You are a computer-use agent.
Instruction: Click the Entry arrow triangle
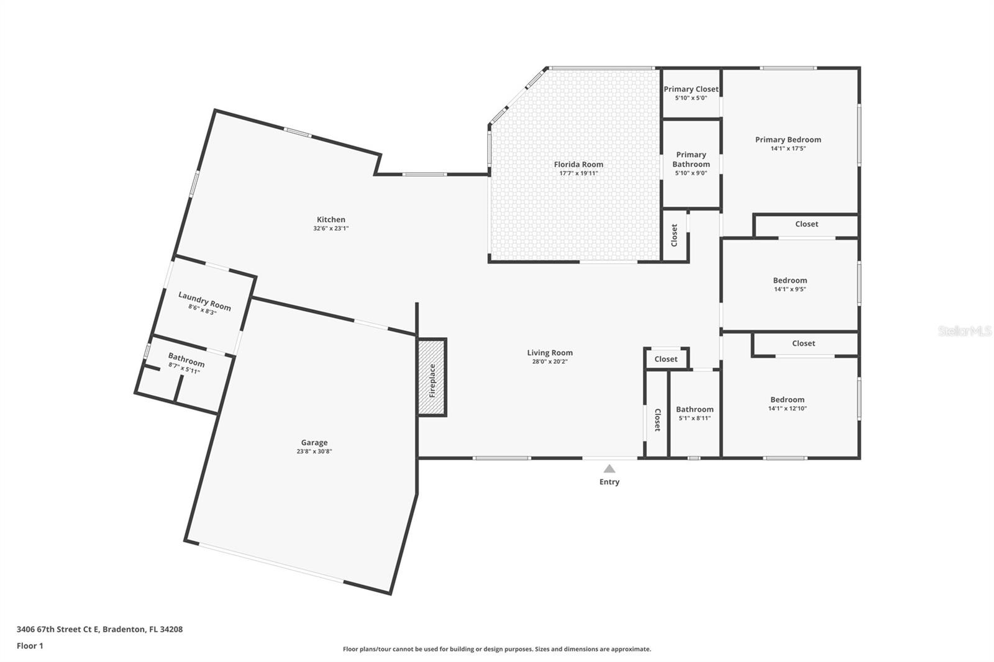[609, 469]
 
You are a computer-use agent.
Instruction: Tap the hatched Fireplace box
[432, 378]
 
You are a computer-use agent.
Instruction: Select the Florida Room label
[578, 165]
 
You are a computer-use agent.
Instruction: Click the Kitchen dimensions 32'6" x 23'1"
[331, 229]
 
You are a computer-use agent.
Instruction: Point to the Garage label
[314, 443]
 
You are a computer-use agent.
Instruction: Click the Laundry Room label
[204, 301]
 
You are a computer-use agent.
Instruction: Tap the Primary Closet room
[691, 93]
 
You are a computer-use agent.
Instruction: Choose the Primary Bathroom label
[691, 160]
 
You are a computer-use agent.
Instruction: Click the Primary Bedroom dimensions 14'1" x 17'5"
[788, 148]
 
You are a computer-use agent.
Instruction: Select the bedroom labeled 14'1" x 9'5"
[790, 284]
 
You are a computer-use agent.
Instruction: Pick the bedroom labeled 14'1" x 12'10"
[787, 404]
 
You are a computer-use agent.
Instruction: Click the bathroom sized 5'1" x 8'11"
[695, 414]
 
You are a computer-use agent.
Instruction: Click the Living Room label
[550, 353]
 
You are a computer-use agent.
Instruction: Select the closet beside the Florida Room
[675, 235]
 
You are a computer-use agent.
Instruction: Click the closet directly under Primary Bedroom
[806, 224]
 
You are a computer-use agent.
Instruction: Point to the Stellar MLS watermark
[964, 331]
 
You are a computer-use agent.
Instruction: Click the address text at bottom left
[99, 629]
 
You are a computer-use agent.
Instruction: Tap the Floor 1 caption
[30, 646]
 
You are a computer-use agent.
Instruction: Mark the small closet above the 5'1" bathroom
[666, 359]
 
